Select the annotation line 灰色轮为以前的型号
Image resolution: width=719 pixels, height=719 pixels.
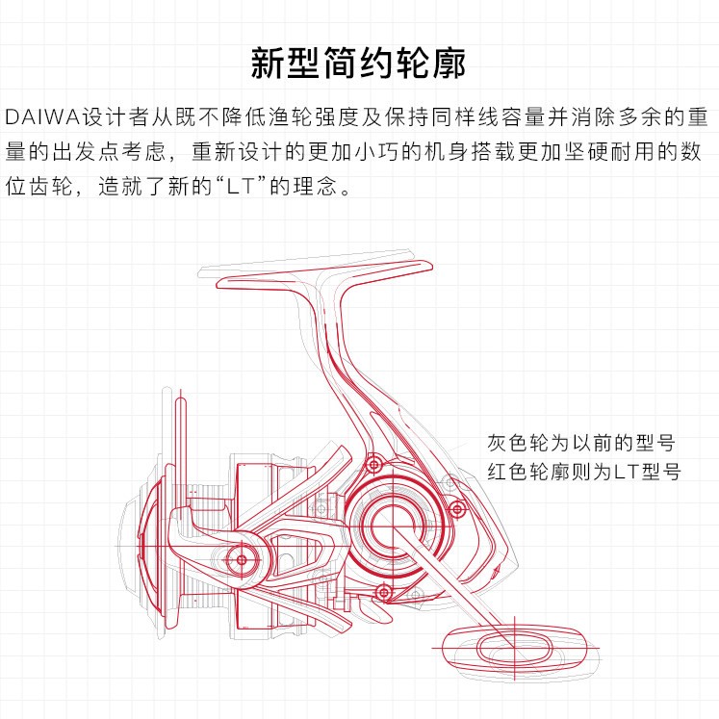[x=579, y=443]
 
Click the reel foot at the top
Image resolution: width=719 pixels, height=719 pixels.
[x=318, y=275]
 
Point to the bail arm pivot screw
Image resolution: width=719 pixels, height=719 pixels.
[x=241, y=559]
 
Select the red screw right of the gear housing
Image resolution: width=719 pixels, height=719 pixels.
[x=457, y=508]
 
